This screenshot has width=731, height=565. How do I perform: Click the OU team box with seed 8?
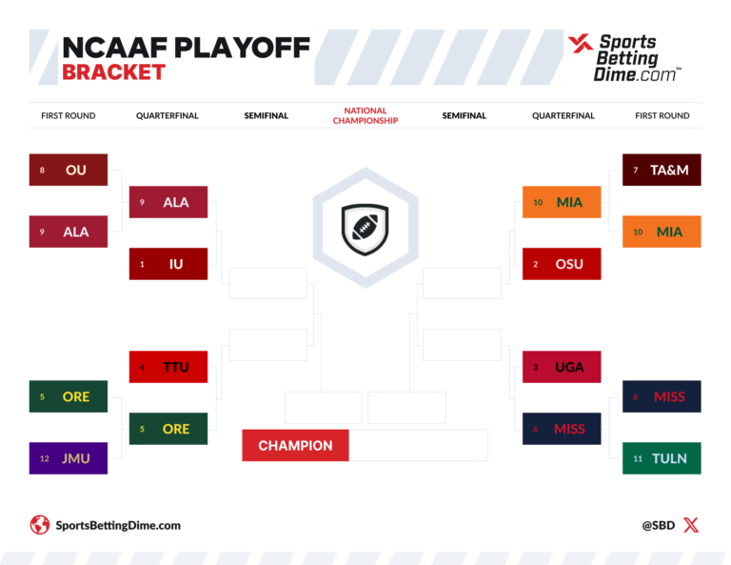68,170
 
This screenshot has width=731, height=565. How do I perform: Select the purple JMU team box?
68,458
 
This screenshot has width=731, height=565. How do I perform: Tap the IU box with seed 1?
168,264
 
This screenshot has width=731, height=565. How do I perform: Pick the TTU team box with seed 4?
168,367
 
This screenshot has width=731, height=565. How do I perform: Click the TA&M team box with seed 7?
662,170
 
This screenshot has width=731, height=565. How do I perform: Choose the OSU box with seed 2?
562,264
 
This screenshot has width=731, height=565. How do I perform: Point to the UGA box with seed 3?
562,367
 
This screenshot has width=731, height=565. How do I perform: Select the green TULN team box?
662,458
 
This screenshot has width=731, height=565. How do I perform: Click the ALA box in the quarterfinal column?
168,202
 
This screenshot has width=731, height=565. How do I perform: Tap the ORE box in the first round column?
68,396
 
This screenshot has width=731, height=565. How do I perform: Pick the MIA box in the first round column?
662,232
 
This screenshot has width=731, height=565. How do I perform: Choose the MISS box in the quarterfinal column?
562,429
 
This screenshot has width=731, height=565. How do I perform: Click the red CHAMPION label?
295,445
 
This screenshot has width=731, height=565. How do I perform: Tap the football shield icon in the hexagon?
365,228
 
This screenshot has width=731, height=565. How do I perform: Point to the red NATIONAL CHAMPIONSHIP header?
365,116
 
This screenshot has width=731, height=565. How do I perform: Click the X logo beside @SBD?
691,525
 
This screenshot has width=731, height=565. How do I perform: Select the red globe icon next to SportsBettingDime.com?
40,525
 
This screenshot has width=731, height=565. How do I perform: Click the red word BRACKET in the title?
113,71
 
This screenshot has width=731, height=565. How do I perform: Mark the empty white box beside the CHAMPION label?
418,445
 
